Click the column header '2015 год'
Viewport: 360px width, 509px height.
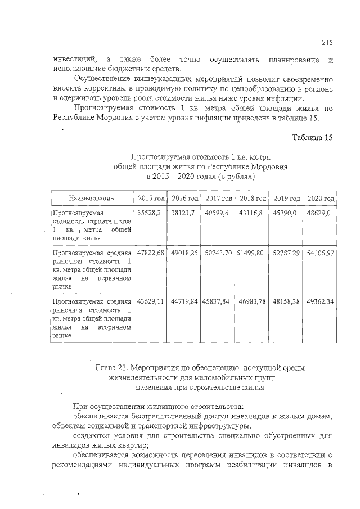click(x=151, y=199)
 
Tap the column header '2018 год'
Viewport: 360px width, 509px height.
click(x=252, y=199)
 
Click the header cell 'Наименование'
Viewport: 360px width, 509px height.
click(x=91, y=199)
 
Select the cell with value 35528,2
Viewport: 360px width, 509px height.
click(x=149, y=214)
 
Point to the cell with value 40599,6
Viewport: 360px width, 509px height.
click(x=217, y=214)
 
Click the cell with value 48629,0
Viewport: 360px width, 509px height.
click(x=318, y=214)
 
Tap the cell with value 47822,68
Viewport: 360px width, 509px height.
click(x=151, y=253)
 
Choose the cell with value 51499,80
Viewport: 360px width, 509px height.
click(x=250, y=253)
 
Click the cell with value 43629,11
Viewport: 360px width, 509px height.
click(x=151, y=301)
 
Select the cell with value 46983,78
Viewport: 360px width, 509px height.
click(x=252, y=301)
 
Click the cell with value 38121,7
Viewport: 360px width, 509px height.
click(x=183, y=214)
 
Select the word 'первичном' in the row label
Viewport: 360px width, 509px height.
click(x=115, y=278)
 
